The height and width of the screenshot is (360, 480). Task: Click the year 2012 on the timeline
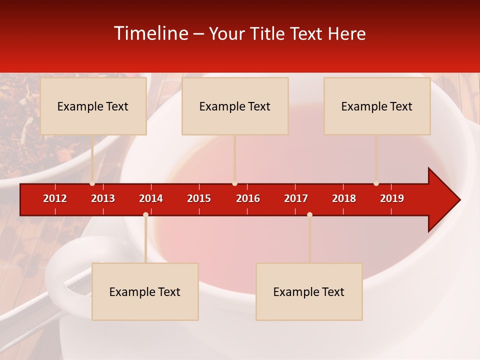(x=55, y=198)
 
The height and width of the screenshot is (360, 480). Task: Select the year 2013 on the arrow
(x=103, y=198)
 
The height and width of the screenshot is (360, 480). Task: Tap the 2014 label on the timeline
(x=151, y=198)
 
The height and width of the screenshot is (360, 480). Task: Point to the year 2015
(x=199, y=198)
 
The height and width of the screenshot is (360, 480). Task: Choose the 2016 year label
(x=248, y=198)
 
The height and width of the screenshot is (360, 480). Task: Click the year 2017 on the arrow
(x=296, y=198)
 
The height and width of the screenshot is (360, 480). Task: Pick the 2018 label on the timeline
(x=344, y=198)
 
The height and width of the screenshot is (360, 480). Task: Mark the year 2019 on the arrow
(x=392, y=198)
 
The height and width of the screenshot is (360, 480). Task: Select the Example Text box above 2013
(x=93, y=106)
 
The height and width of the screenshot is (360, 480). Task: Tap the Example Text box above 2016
(x=235, y=106)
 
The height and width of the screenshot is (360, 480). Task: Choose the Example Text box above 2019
(x=377, y=106)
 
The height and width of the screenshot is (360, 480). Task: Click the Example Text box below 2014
(x=145, y=291)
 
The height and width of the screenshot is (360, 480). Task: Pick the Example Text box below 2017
(x=309, y=291)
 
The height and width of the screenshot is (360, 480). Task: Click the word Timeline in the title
(x=151, y=33)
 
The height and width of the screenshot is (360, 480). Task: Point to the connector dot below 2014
(x=145, y=214)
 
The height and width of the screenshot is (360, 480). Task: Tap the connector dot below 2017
(x=309, y=214)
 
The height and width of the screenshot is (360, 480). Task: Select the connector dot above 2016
(x=234, y=183)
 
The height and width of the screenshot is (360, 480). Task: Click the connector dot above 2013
(x=92, y=183)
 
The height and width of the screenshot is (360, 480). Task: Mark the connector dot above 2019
(x=376, y=183)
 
